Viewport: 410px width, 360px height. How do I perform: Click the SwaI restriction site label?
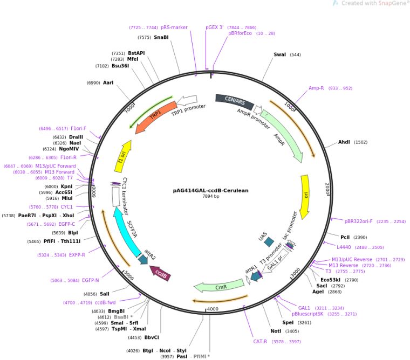[x=280, y=54]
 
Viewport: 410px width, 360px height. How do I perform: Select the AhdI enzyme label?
[x=344, y=142]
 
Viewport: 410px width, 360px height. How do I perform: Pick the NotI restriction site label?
[x=276, y=331]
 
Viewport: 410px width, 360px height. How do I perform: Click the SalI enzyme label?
[x=105, y=294]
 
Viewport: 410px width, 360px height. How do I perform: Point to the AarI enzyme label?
[x=108, y=82]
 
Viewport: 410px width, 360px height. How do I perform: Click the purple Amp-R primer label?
[x=316, y=88]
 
